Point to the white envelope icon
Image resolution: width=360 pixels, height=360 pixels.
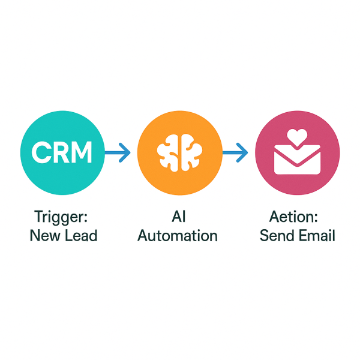(x=297, y=160)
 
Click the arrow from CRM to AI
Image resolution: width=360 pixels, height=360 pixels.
(x=118, y=154)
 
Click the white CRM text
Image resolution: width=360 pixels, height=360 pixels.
(x=62, y=154)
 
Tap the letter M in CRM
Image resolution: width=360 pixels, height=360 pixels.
(x=82, y=154)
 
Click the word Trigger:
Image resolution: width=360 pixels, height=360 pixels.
(x=62, y=215)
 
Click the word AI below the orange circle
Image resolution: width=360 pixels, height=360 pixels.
(x=178, y=215)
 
